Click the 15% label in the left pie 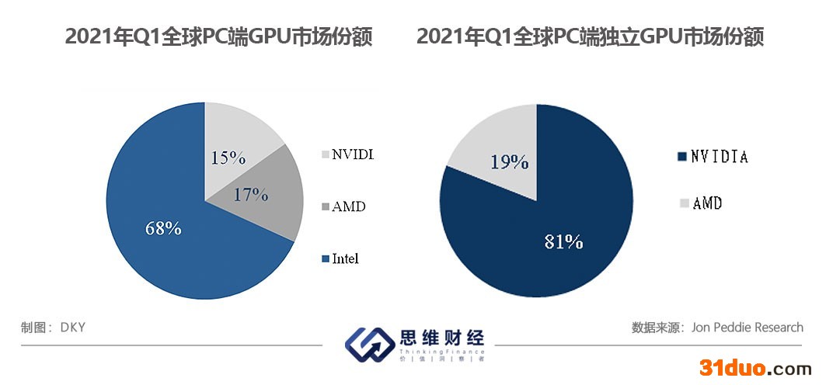click(x=228, y=158)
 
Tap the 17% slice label click(x=250, y=194)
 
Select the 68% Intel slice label click(x=163, y=228)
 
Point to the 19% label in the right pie click(x=510, y=161)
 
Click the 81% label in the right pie click(x=563, y=241)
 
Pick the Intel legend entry click(x=345, y=258)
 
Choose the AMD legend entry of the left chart click(x=348, y=206)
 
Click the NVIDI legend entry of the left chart click(x=353, y=154)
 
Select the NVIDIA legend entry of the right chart click(x=720, y=157)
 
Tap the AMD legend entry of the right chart click(x=707, y=203)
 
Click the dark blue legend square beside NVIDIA click(x=683, y=157)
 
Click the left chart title click(x=218, y=36)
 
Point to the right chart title click(x=590, y=36)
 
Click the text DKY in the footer click(x=72, y=328)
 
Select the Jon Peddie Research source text click(x=747, y=328)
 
